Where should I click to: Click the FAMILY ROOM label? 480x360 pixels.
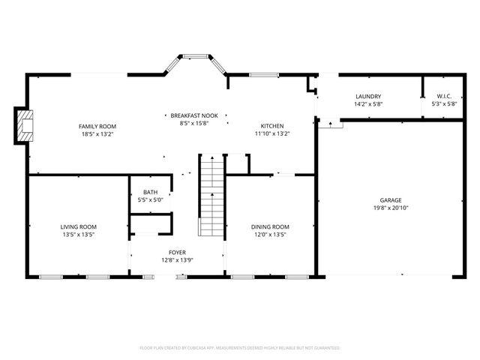tap(99, 126)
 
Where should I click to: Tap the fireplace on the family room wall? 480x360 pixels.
tap(25, 126)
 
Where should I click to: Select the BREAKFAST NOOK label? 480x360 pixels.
tap(193, 115)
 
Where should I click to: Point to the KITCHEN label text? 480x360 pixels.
tap(271, 126)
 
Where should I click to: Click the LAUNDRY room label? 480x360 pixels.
tap(367, 97)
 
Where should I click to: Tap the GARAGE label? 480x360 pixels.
tap(390, 200)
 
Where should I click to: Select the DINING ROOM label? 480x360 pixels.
tap(270, 226)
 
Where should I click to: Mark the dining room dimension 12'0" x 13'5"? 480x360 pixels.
tap(270, 235)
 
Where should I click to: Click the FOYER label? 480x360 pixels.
tap(177, 253)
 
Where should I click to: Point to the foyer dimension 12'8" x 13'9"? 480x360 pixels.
tap(177, 260)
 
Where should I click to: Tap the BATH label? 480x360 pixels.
tap(151, 193)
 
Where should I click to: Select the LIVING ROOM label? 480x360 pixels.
tap(79, 226)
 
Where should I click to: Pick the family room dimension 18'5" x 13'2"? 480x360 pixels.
tap(99, 134)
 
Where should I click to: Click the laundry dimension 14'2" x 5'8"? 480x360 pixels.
tap(367, 104)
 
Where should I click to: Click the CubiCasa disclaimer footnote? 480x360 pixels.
tap(240, 348)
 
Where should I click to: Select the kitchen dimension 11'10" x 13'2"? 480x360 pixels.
tap(271, 134)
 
